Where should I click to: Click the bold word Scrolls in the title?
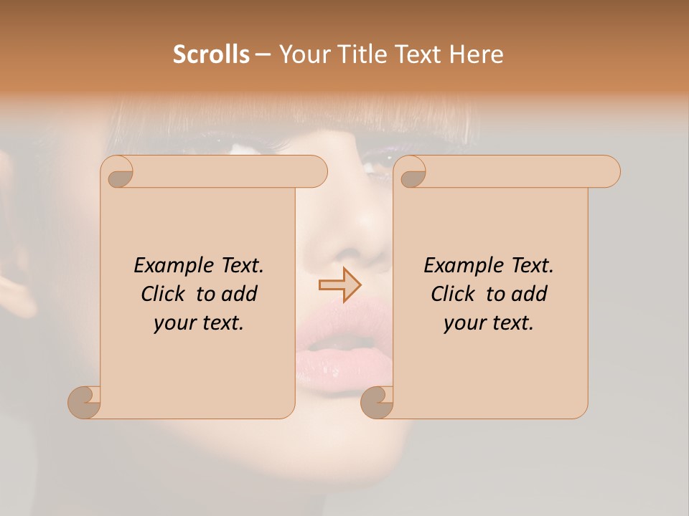click(211, 54)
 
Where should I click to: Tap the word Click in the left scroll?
click(163, 294)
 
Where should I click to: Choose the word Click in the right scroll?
click(453, 294)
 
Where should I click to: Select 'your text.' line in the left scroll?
click(199, 322)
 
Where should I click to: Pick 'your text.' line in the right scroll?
click(489, 322)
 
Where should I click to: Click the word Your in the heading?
click(304, 54)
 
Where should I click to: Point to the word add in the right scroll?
click(530, 294)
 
